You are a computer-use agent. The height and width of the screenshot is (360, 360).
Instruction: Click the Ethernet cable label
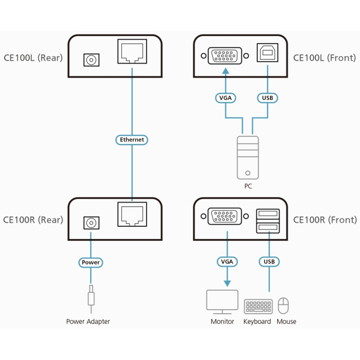click(132, 139)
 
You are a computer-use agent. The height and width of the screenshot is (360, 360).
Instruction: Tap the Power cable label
click(91, 262)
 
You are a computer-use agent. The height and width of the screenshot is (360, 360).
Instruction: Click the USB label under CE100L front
click(267, 98)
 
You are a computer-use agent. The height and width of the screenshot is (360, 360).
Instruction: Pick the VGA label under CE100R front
click(227, 262)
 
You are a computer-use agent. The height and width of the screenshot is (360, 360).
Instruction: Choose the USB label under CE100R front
click(268, 262)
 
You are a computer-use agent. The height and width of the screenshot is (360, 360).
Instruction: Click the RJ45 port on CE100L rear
click(132, 52)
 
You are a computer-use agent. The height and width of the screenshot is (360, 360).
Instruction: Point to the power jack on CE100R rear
click(91, 223)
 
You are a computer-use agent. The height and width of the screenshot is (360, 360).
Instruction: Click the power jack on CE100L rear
click(91, 60)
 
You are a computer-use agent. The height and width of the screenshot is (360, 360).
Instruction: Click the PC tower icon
click(248, 157)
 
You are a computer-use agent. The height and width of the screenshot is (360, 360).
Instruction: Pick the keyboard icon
click(258, 307)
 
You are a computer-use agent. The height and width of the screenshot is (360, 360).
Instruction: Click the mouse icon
click(284, 306)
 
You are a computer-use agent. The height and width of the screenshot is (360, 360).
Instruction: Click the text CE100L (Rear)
click(33, 58)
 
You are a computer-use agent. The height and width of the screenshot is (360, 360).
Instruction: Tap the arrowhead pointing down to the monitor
click(227, 283)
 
